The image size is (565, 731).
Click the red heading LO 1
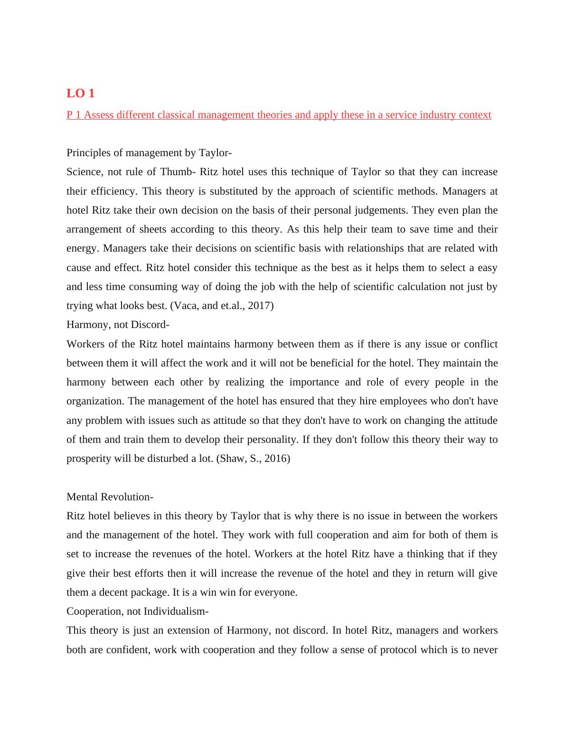(x=80, y=94)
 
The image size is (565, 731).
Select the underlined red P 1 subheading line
(x=279, y=115)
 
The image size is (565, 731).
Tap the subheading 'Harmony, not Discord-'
(x=118, y=325)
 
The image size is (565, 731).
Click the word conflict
(x=480, y=344)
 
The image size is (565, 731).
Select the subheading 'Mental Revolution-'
(x=110, y=497)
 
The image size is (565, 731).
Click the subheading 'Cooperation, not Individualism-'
(x=138, y=611)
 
